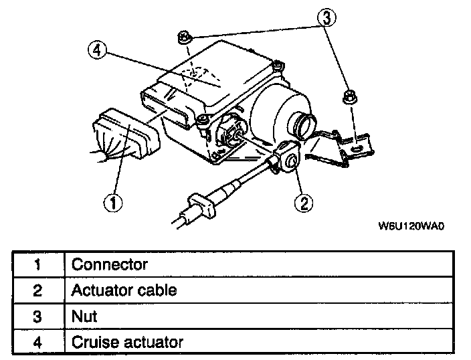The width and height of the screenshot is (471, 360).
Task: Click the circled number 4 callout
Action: pos(98,50)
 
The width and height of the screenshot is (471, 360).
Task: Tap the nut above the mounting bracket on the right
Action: pos(348,96)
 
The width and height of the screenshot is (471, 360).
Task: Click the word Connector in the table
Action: pos(109,264)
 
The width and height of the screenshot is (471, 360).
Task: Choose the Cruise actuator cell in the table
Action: pos(127,342)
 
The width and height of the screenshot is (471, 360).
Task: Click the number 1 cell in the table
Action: pos(37,264)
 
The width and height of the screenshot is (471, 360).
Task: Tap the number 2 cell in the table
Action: pos(37,290)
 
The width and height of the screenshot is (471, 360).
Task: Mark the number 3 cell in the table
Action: pos(37,316)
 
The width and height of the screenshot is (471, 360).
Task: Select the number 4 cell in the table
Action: pos(37,342)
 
